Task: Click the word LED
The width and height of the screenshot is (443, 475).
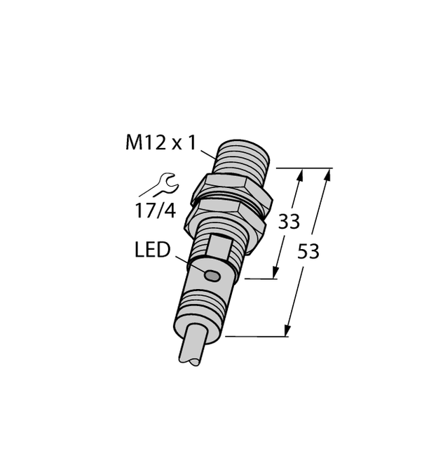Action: (152, 250)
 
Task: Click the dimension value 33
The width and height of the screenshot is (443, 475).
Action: (289, 222)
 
